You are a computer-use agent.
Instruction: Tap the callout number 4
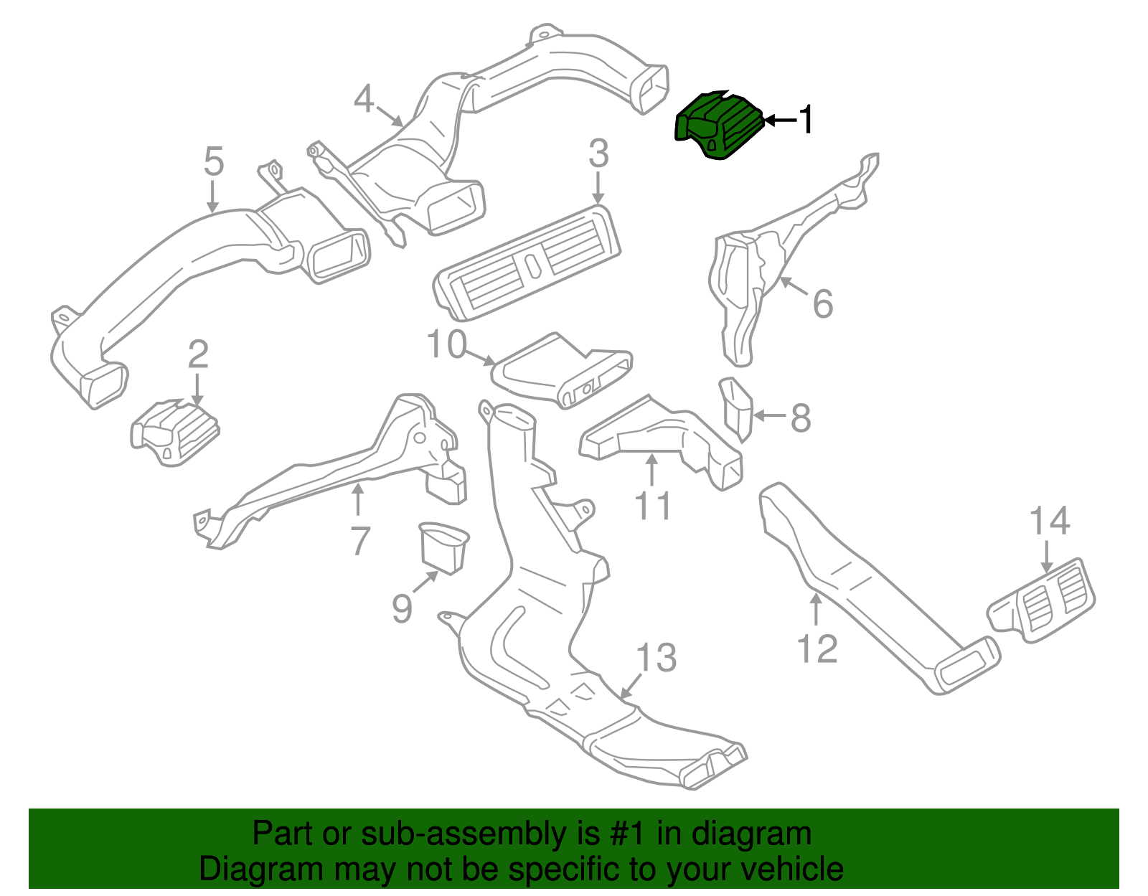click(x=364, y=99)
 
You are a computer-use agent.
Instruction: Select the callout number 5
click(x=214, y=161)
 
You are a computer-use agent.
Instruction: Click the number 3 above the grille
click(x=598, y=154)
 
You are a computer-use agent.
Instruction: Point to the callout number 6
click(x=822, y=303)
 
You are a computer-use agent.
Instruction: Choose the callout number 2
click(x=198, y=354)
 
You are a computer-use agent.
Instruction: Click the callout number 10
click(x=447, y=344)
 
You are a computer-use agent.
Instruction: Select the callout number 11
click(x=653, y=505)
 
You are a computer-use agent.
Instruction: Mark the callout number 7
click(x=360, y=541)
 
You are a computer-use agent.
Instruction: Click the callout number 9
click(x=402, y=608)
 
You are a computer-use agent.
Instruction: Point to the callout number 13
click(x=656, y=658)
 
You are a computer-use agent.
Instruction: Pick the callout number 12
click(x=817, y=649)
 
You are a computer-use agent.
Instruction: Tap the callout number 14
click(x=1050, y=520)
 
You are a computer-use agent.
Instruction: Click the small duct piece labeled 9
click(x=443, y=548)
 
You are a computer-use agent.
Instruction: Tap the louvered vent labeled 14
click(x=1041, y=601)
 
